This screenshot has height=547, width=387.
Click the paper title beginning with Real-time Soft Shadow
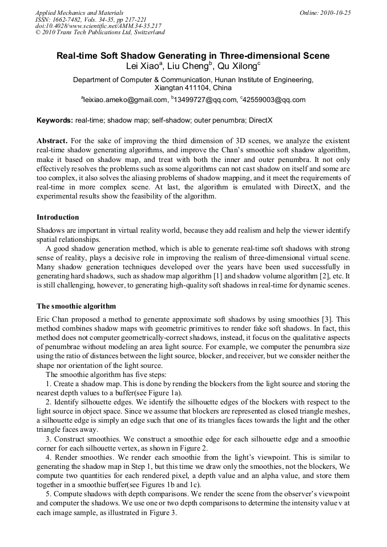click(x=193, y=56)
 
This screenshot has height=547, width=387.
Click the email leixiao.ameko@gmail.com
click(x=124, y=100)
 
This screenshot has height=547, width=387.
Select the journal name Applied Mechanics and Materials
click(x=79, y=12)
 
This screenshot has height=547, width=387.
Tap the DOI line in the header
click(x=98, y=26)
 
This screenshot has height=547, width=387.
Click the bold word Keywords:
click(x=54, y=121)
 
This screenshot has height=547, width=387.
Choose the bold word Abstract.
click(x=52, y=140)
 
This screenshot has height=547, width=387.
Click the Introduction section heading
click(x=58, y=217)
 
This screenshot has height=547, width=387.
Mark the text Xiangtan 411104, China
click(x=193, y=88)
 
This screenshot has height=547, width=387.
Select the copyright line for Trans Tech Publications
click(x=100, y=33)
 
